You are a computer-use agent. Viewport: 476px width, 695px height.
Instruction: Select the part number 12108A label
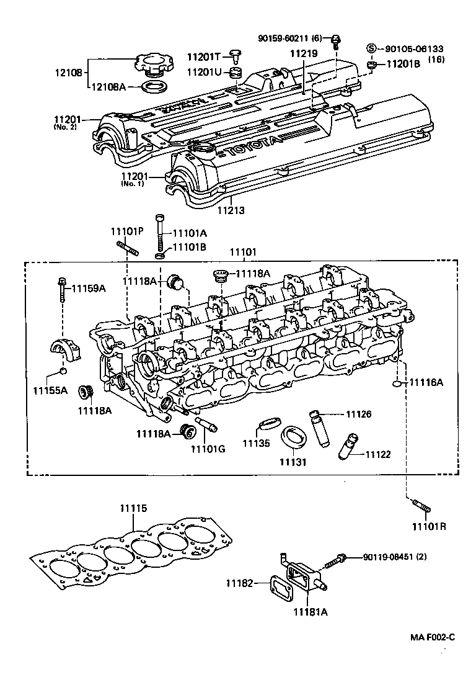click(109, 87)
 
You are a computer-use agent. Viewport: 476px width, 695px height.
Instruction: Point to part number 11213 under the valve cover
click(231, 210)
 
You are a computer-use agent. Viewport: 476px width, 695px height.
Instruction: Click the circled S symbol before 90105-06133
click(371, 49)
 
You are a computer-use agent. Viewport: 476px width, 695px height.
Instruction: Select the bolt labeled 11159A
click(63, 288)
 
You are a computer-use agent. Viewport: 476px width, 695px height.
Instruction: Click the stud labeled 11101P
click(126, 253)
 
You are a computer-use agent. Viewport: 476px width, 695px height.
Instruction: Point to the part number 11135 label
click(255, 443)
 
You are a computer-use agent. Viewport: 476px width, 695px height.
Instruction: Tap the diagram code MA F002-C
click(432, 637)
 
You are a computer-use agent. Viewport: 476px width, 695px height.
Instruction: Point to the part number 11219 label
click(304, 54)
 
